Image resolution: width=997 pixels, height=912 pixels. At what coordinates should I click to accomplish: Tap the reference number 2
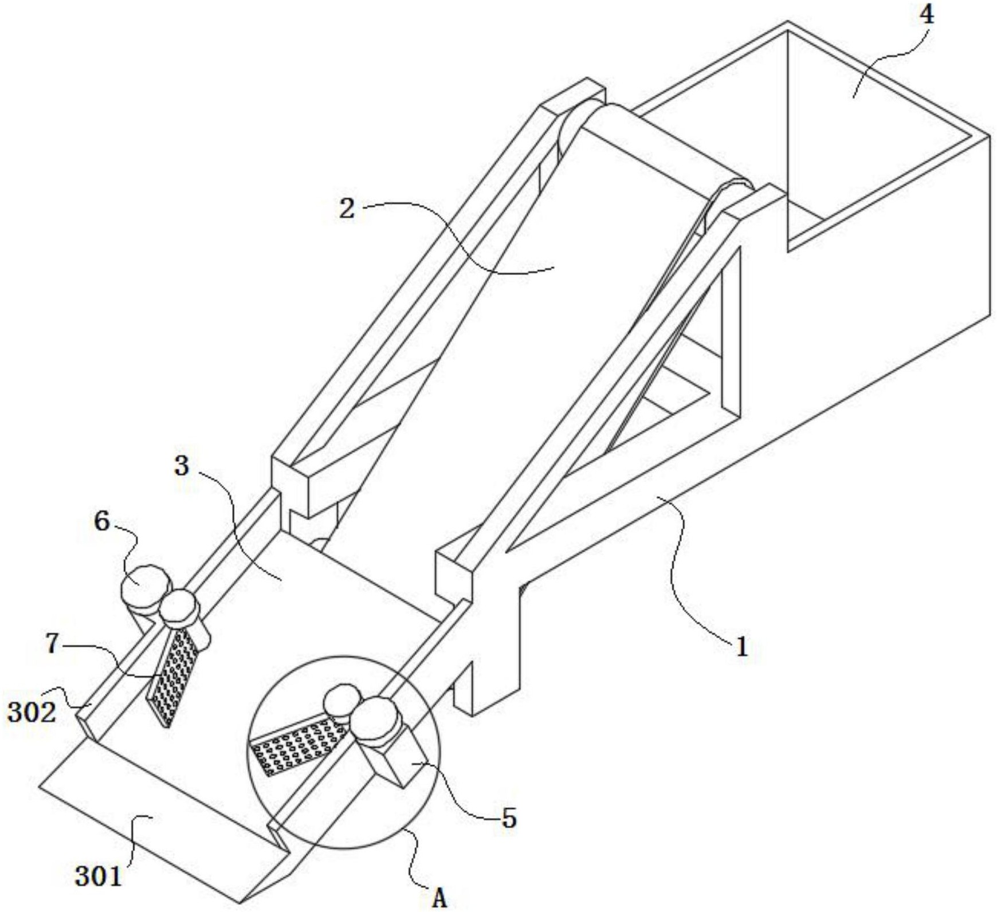(347, 209)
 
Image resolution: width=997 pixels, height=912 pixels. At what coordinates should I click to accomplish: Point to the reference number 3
(182, 466)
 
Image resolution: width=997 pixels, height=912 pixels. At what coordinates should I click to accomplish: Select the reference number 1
(742, 647)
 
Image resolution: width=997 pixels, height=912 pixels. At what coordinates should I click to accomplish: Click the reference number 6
(102, 521)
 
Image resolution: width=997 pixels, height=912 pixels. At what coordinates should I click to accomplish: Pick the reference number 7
(53, 644)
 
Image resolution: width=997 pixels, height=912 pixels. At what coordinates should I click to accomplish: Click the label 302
(32, 713)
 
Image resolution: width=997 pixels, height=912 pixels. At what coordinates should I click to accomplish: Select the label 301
(99, 876)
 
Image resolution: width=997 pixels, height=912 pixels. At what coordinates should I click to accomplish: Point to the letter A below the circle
(439, 898)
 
